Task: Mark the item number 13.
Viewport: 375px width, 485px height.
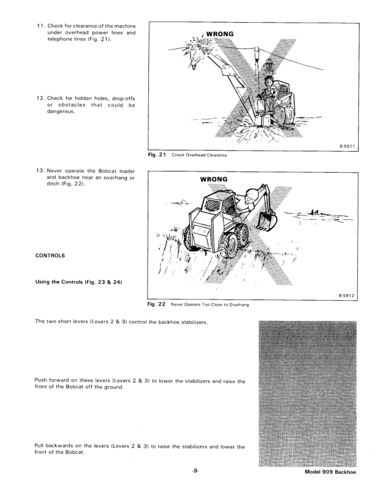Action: click(26, 178)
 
